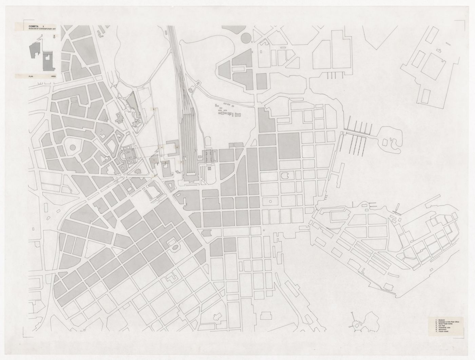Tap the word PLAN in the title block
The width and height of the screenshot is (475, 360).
[x=31, y=77]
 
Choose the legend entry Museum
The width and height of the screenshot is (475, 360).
[x=441, y=320]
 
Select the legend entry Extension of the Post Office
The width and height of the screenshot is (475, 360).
[x=448, y=322]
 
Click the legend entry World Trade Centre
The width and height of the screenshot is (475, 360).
[x=445, y=324]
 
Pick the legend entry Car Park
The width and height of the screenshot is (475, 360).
[x=441, y=327]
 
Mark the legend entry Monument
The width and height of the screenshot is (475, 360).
[x=442, y=331]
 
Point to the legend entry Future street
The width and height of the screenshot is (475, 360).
[x=443, y=334]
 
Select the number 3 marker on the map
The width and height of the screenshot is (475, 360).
[x=177, y=147]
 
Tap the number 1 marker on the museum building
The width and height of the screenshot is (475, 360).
[x=155, y=159]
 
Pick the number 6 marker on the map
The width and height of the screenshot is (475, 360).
[x=156, y=176]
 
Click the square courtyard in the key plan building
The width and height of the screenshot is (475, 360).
[x=47, y=57]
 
